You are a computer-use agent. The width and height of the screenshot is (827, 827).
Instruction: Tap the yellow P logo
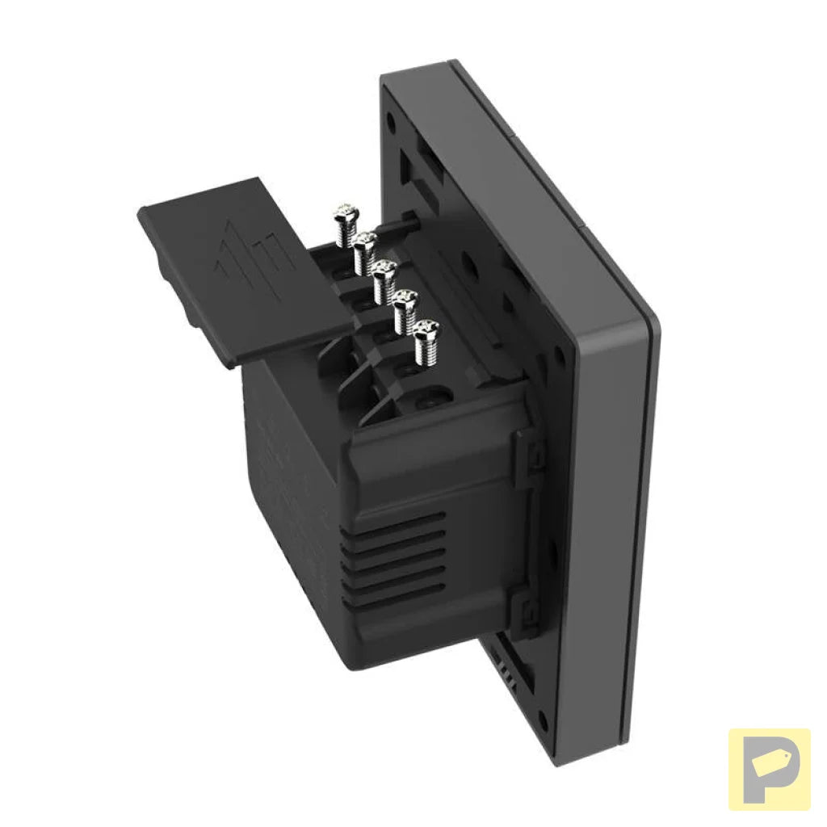pyautogui.click(x=768, y=769)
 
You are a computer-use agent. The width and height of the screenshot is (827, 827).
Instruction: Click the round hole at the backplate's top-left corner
pyautogui.click(x=391, y=123)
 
